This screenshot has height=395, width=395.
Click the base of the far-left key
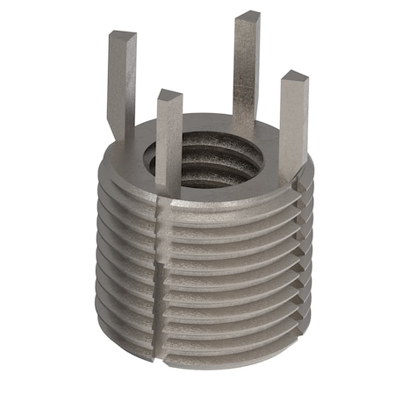tap(123, 140)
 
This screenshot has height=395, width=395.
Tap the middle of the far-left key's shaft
tap(120, 88)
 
